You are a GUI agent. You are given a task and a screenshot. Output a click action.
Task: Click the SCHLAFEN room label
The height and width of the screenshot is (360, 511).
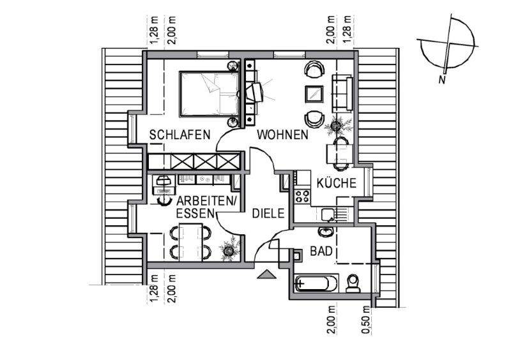click(180, 135)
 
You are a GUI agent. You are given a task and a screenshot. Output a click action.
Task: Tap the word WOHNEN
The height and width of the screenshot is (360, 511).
click(283, 135)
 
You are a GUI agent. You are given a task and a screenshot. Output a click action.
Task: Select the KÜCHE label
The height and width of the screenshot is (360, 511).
click(335, 183)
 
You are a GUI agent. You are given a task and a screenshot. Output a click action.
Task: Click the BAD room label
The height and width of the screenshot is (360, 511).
click(321, 251)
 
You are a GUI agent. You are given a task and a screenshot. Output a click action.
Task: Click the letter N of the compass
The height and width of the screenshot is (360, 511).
click(441, 80)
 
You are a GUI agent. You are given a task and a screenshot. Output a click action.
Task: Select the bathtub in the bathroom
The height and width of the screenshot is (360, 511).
click(317, 281)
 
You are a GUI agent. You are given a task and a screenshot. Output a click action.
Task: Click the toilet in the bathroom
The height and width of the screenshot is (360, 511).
click(352, 281)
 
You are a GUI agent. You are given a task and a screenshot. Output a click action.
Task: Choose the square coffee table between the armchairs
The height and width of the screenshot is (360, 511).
click(314, 93)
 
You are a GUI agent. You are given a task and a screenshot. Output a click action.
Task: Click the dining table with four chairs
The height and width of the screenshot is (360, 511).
click(190, 241)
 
